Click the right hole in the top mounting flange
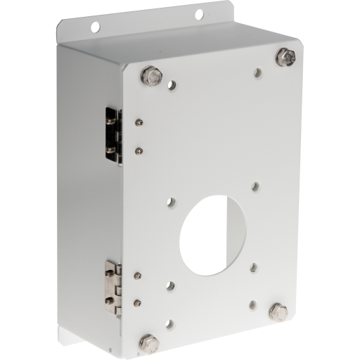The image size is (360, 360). pyautogui.click(x=199, y=14)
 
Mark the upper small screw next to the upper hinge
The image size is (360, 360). pyautogui.click(x=140, y=122)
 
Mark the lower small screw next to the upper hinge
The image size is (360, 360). pyautogui.click(x=139, y=150)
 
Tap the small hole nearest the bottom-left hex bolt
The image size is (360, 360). pyautogui.click(x=169, y=326)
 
